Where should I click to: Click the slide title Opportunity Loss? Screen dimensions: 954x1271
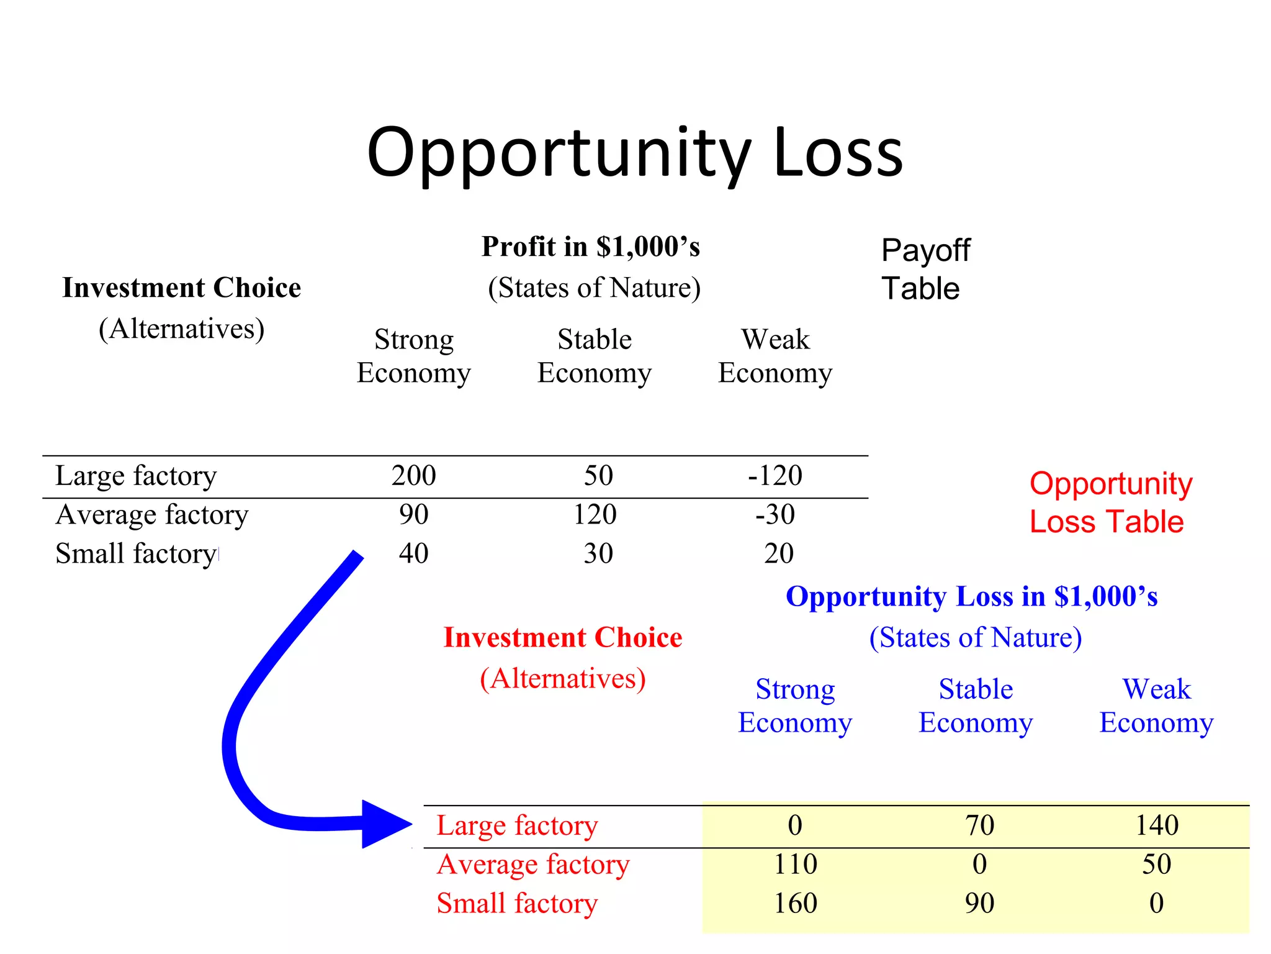(x=634, y=153)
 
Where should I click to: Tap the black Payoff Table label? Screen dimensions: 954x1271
(x=925, y=270)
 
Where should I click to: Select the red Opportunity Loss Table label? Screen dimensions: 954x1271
(x=1110, y=502)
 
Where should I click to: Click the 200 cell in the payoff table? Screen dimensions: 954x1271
(x=413, y=476)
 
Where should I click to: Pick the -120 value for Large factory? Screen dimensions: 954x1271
(x=775, y=476)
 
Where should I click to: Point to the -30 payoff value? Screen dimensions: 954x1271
(x=775, y=515)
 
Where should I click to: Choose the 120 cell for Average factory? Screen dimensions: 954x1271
(x=595, y=515)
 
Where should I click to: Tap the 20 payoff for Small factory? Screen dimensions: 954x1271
(x=778, y=553)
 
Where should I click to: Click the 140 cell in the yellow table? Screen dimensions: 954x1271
(x=1156, y=825)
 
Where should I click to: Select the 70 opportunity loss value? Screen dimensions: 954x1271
(x=979, y=825)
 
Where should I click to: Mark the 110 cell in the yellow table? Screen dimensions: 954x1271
(x=795, y=865)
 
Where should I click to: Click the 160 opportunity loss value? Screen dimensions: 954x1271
(x=795, y=903)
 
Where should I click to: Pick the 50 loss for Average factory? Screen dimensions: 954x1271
(x=1156, y=865)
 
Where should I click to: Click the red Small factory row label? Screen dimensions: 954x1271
(x=517, y=903)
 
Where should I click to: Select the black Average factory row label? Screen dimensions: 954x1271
(x=152, y=515)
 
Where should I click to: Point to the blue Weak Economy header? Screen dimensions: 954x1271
(x=1156, y=706)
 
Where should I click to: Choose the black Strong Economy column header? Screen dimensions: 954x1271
(x=414, y=357)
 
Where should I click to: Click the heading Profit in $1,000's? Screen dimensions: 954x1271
(x=591, y=247)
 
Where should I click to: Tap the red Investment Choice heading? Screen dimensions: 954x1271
(x=563, y=638)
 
